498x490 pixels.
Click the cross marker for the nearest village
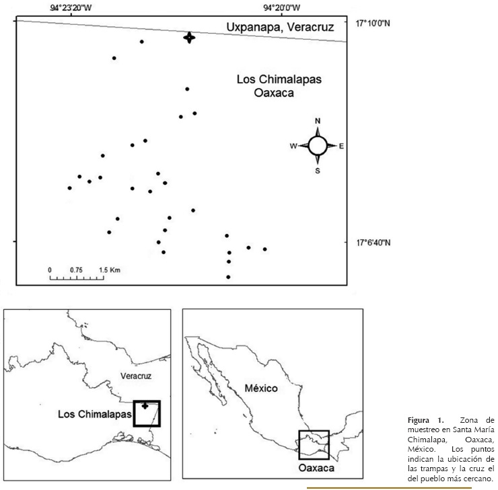190,38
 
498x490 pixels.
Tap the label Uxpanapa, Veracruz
280,28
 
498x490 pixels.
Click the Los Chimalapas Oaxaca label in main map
279,86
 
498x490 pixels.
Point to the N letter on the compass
318,121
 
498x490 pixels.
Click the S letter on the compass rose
318,171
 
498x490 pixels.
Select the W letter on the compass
293,146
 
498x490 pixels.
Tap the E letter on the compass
342,146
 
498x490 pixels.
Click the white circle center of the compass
318,145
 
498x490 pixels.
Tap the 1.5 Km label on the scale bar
109,270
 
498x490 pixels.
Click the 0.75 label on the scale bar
76,270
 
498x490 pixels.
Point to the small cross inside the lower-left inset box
145,406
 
